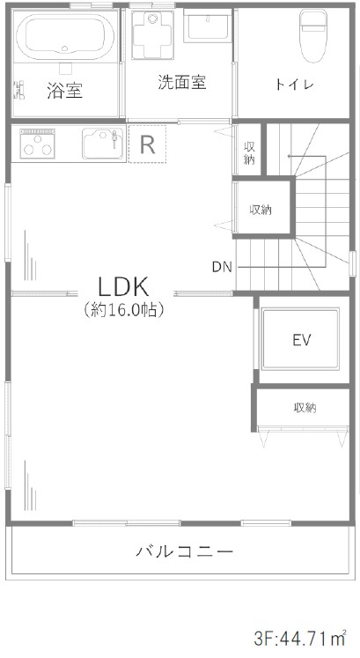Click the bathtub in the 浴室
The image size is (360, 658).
64,36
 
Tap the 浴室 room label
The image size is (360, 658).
64,90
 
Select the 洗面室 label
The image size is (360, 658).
182,82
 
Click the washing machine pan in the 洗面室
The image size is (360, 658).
152,34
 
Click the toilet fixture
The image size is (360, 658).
313,36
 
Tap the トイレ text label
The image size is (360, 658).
295,85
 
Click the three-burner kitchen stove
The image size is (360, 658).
38,144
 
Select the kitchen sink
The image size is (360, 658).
103,144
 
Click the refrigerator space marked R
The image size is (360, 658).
147,144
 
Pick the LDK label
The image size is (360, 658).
123,287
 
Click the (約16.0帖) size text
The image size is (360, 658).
123,310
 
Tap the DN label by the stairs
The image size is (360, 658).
222,267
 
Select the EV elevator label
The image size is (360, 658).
302,340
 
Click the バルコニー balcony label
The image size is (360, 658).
184,551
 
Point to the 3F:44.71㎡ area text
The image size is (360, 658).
299,640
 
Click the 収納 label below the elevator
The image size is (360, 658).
305,408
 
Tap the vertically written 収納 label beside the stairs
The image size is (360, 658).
249,153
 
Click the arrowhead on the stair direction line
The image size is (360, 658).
290,156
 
